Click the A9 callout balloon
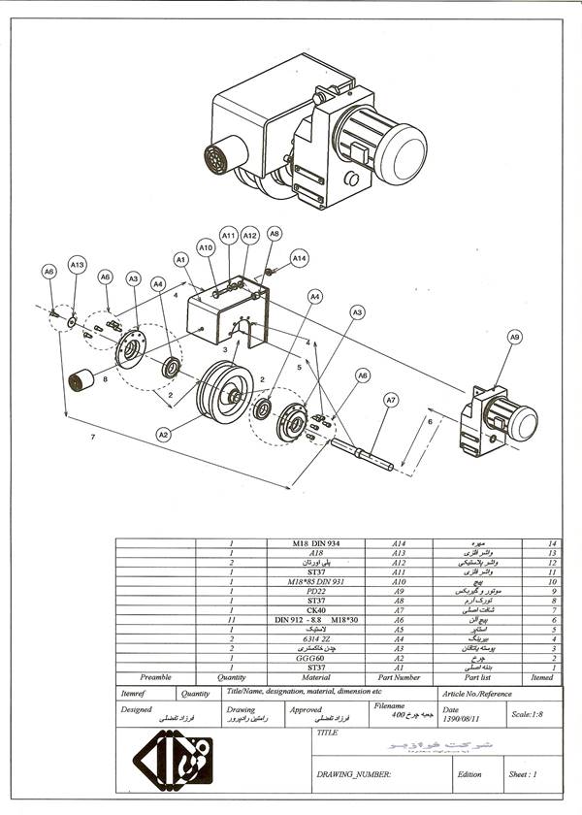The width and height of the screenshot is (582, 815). (514, 337)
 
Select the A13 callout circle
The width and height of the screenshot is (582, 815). (78, 265)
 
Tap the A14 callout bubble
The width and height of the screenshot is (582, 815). (299, 258)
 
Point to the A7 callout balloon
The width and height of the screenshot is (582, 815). (390, 399)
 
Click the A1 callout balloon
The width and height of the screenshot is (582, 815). (180, 259)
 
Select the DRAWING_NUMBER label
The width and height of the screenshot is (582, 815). (354, 774)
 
